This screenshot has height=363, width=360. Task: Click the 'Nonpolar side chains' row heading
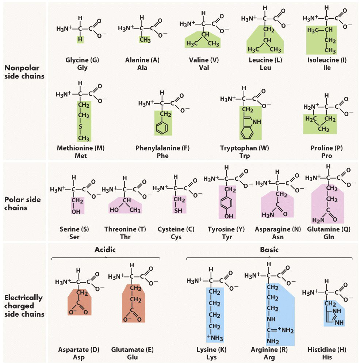click(x=24, y=72)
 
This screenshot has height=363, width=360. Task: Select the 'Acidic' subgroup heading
click(x=105, y=250)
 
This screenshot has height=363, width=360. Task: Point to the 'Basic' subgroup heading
click(x=269, y=250)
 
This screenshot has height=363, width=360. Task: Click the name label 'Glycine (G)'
click(x=82, y=60)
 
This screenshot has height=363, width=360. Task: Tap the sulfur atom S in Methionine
click(x=81, y=127)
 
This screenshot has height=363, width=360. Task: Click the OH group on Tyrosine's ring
click(x=229, y=216)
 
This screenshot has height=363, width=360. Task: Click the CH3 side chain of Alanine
click(x=145, y=39)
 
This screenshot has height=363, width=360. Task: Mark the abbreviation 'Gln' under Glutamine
click(x=328, y=237)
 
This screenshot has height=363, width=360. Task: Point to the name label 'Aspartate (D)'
click(x=78, y=349)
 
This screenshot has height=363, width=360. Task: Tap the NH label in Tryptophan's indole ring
click(x=257, y=121)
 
